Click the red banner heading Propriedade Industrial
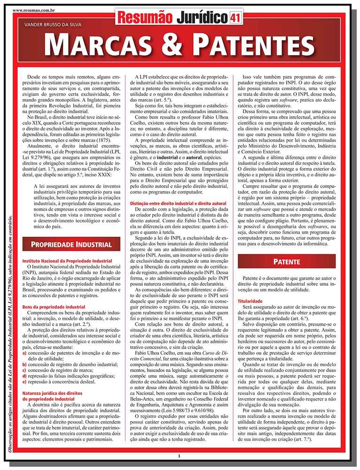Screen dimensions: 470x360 71,244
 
